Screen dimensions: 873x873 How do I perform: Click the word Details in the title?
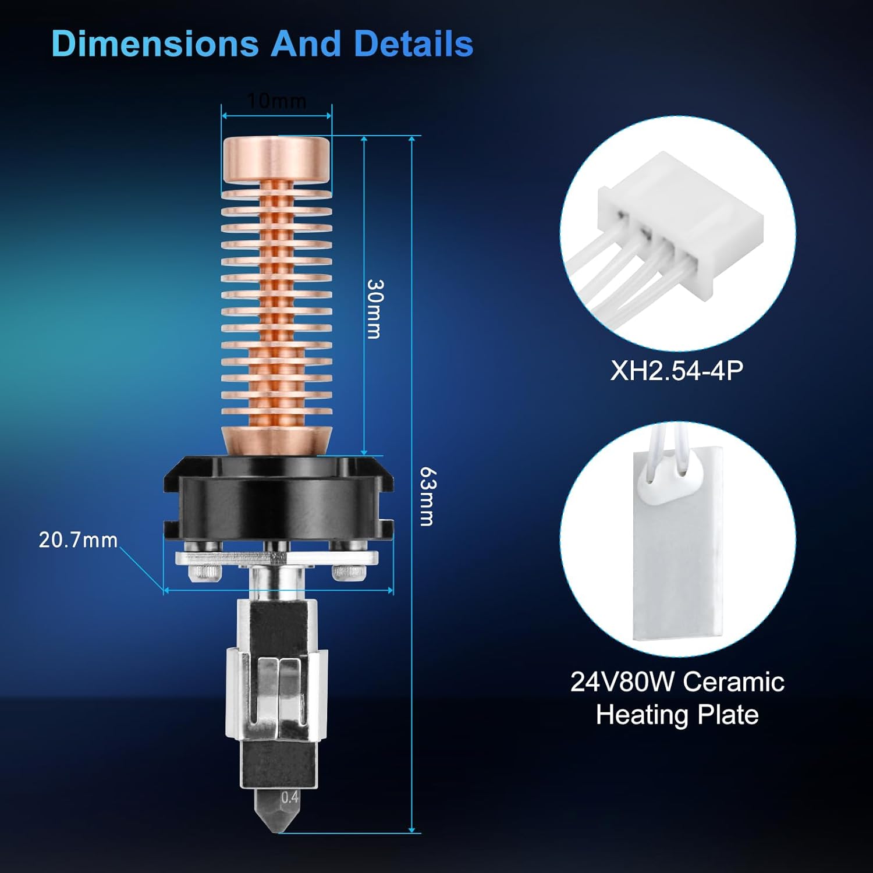click(414, 44)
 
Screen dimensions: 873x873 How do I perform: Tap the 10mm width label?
click(276, 101)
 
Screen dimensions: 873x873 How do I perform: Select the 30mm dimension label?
click(375, 308)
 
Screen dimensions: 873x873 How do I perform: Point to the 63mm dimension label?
click(427, 496)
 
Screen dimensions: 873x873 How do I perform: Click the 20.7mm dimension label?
click(78, 540)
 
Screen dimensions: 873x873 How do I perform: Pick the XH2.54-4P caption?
click(677, 371)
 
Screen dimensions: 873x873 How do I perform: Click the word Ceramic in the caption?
click(733, 682)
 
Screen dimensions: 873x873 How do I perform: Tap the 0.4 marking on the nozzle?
click(289, 797)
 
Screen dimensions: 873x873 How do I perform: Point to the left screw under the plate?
click(205, 573)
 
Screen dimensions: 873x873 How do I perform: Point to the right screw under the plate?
click(349, 573)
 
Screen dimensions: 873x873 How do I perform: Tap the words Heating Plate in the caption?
click(677, 715)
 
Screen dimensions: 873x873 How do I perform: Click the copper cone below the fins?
click(276, 439)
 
